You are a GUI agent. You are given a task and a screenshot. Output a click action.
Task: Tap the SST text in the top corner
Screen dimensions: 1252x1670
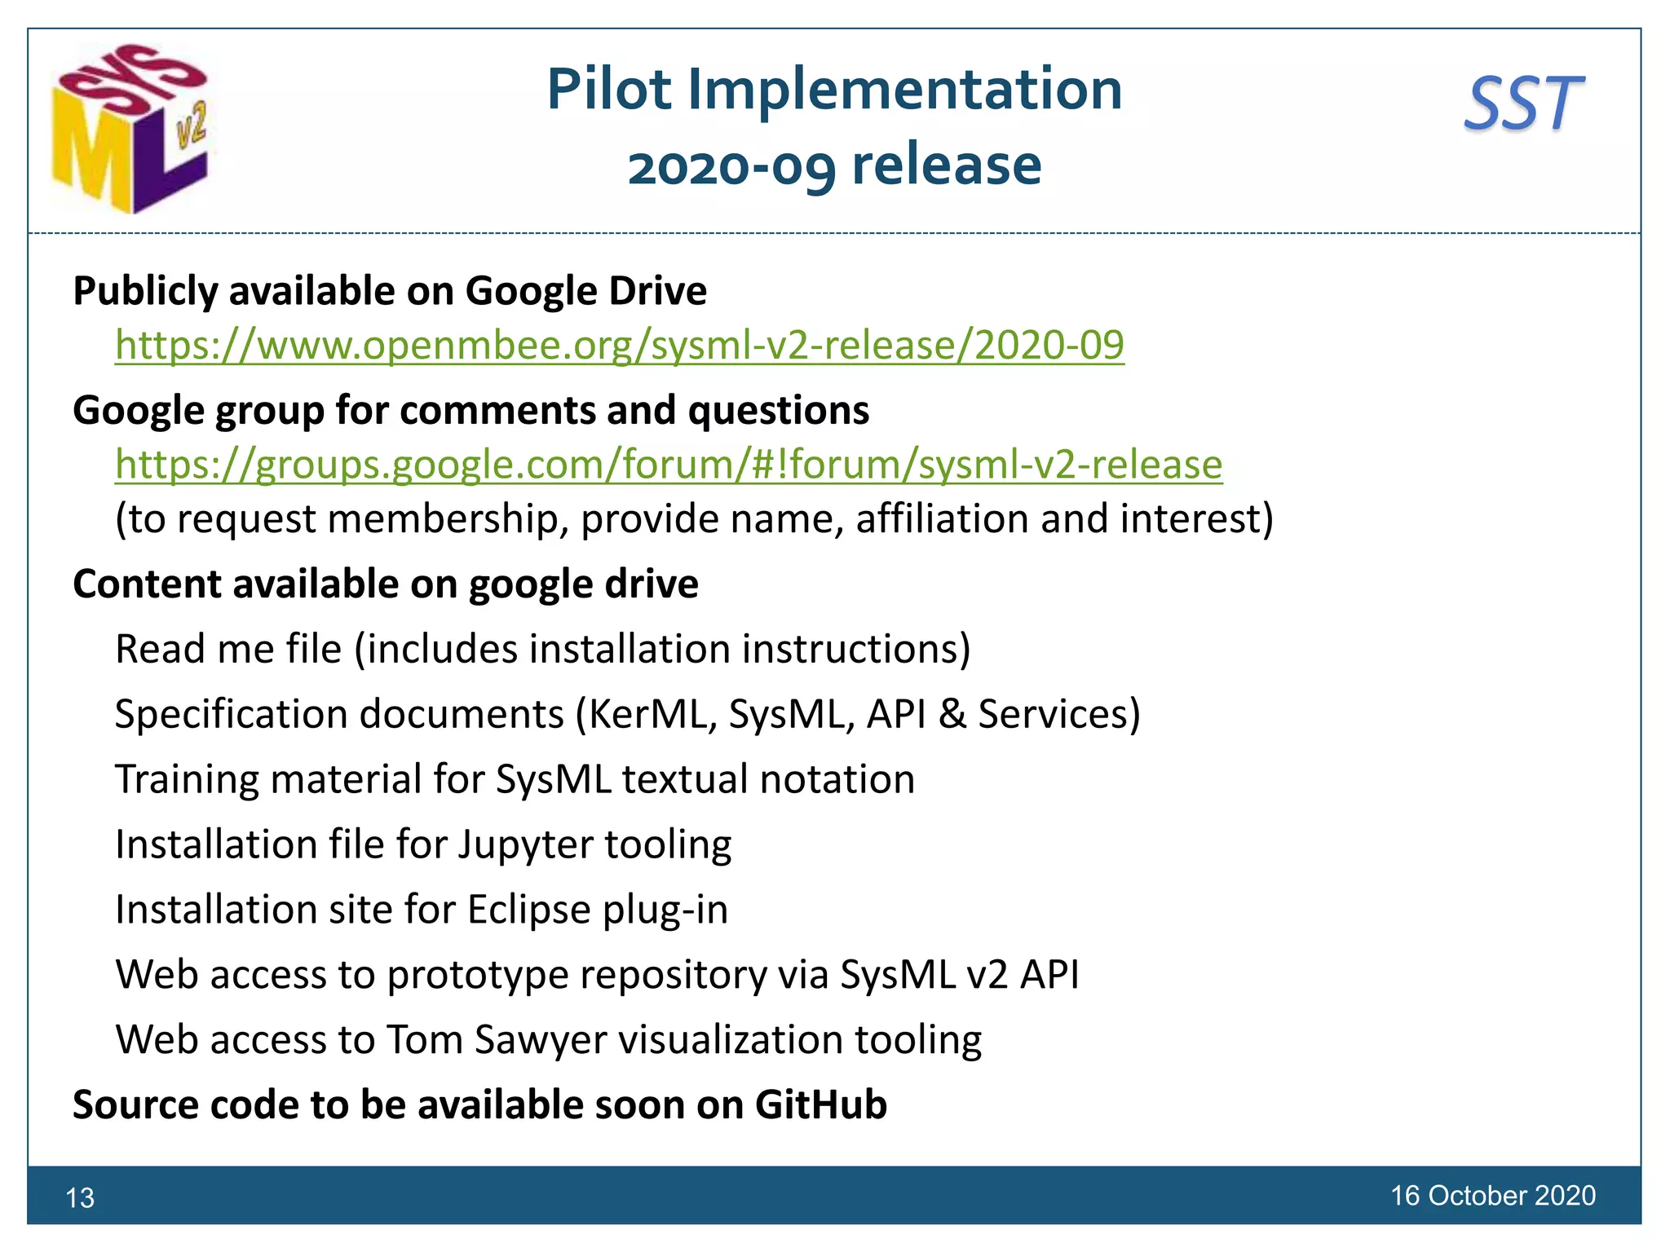coord(1523,104)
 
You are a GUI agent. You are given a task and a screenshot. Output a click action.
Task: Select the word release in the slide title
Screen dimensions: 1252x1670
coord(947,165)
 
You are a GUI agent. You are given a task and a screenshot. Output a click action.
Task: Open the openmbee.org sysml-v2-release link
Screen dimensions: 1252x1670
coord(620,345)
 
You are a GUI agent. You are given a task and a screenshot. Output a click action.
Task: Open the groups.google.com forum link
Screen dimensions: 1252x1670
coord(669,465)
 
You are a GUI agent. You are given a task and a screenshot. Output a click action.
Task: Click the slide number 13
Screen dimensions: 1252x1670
coord(80,1197)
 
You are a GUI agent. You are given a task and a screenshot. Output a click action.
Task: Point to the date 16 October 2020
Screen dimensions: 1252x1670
coord(1492,1195)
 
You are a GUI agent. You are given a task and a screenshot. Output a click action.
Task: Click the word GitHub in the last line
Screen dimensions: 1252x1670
coord(820,1105)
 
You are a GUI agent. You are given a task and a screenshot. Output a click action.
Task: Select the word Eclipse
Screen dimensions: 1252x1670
coord(529,910)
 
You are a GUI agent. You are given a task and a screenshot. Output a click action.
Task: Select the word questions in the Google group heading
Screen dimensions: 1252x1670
coord(779,410)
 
